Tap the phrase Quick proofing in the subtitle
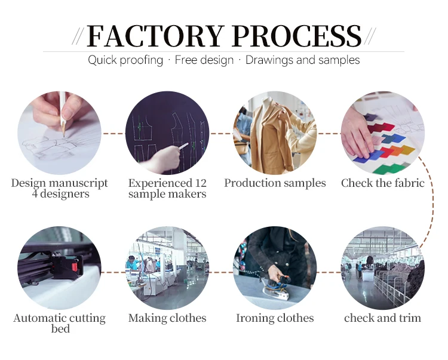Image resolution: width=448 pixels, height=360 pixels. click(x=125, y=60)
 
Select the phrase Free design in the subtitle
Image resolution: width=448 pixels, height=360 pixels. click(x=204, y=60)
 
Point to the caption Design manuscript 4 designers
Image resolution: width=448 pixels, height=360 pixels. click(x=60, y=188)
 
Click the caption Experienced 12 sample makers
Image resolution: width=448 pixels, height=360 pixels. click(x=167, y=188)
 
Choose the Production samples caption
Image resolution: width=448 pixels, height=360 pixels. click(x=275, y=183)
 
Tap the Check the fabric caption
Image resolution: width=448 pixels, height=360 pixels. click(x=382, y=183)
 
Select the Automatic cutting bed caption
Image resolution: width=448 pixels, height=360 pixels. click(x=60, y=323)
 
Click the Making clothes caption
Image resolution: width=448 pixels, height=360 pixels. click(x=167, y=318)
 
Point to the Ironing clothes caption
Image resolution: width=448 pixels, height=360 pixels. click(x=275, y=318)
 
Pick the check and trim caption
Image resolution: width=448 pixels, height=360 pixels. click(x=382, y=318)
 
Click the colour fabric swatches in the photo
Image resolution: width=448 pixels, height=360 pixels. click(x=388, y=143)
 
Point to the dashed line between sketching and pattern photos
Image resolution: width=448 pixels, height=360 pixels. click(x=113, y=133)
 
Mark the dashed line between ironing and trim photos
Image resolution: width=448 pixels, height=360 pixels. click(x=329, y=272)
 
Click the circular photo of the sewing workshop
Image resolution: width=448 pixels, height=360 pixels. click(x=167, y=268)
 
